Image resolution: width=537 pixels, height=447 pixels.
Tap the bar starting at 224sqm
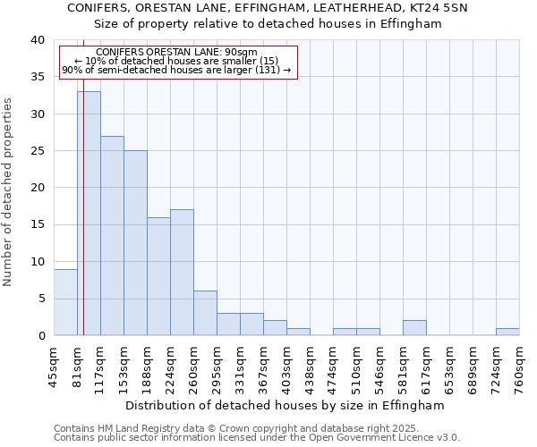(182, 272)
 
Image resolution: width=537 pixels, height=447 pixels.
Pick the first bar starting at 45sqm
(65, 302)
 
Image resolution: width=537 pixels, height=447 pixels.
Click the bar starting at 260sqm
(205, 313)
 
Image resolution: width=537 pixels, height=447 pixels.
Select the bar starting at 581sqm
(414, 328)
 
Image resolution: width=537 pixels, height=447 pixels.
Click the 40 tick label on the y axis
(37, 40)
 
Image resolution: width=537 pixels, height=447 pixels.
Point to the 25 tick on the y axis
(37, 151)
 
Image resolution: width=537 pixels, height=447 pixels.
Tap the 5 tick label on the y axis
(40, 299)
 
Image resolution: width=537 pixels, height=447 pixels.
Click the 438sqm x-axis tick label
(311, 367)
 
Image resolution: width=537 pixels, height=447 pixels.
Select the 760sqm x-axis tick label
(520, 367)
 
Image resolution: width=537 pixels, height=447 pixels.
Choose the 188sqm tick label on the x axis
(148, 367)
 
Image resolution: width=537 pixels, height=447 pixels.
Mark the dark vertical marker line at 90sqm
(83, 197)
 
